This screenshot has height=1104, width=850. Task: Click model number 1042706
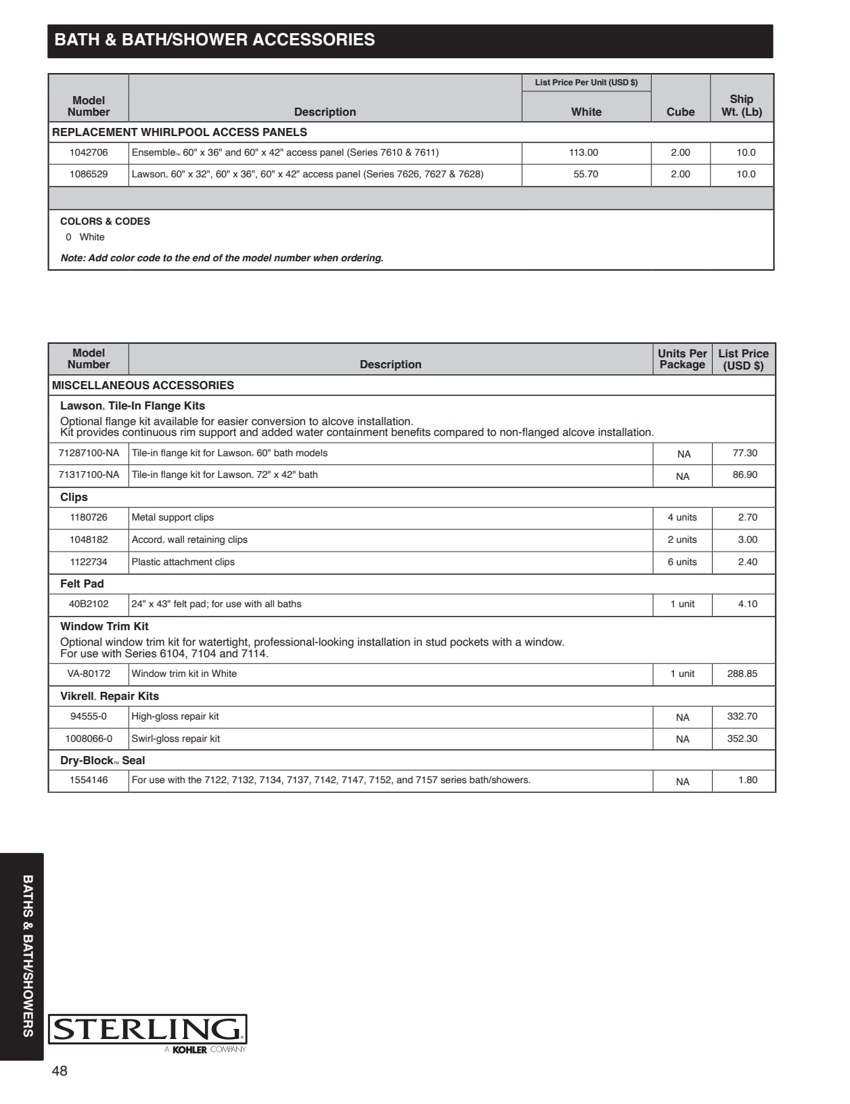click(89, 153)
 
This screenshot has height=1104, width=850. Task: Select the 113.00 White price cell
click(583, 153)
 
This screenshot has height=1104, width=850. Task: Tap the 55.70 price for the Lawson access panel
click(585, 175)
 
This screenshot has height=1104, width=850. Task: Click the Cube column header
click(680, 112)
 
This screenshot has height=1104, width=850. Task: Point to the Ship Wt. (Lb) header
click(741, 106)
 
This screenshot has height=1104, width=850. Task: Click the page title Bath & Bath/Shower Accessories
click(215, 40)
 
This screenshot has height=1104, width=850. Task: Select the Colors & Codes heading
click(105, 221)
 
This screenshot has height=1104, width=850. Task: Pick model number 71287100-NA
click(89, 454)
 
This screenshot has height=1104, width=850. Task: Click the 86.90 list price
click(744, 475)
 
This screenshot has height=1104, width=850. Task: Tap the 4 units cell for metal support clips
click(682, 518)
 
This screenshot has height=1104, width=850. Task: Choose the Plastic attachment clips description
click(183, 562)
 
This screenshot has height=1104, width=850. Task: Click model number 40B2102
click(89, 604)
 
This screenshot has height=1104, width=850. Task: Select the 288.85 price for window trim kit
click(742, 674)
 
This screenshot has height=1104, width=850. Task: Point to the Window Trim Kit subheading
click(104, 627)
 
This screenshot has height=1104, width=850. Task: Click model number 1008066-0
click(89, 739)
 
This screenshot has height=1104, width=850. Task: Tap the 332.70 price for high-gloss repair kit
click(742, 717)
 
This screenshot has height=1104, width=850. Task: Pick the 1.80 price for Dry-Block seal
click(747, 780)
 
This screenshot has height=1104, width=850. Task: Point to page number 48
click(60, 1071)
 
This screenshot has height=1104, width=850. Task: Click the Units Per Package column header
click(682, 359)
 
